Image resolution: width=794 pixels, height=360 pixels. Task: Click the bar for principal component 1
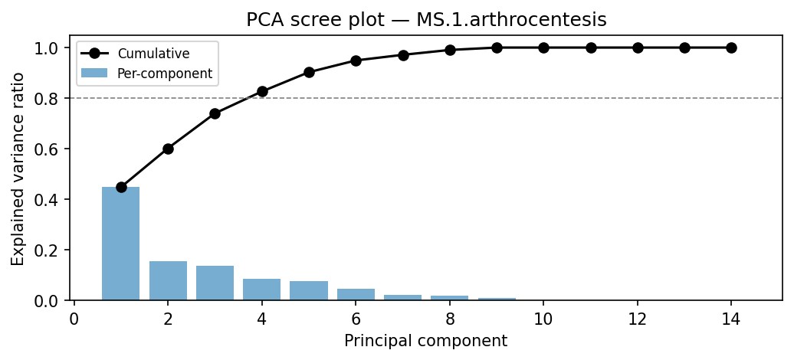coord(121,244)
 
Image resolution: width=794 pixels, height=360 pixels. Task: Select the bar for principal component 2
coord(168,280)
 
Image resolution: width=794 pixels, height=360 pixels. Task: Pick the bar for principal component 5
coord(309,290)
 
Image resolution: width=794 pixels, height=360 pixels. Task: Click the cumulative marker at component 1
coord(121,187)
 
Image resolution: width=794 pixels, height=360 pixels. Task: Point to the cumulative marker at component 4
coord(262,91)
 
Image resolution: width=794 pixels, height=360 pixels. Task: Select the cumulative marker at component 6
coord(356,61)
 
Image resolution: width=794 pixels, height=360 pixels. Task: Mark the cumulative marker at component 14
coord(731,47)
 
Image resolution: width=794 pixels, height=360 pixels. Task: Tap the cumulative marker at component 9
coord(497,47)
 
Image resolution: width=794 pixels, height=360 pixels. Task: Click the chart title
coord(426,21)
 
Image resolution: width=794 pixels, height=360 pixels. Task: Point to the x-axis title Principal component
coord(425,341)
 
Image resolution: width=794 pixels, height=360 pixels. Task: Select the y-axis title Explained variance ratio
coord(18,169)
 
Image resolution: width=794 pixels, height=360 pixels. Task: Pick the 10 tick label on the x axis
coord(543,318)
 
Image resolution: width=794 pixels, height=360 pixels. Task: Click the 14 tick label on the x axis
coord(731,318)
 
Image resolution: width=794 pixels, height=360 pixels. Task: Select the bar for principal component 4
coord(262,290)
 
